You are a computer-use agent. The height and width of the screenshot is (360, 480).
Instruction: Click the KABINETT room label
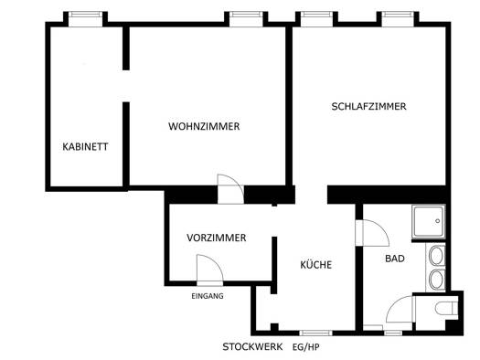(85, 147)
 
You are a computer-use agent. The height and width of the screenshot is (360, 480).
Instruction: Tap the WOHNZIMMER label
(204, 126)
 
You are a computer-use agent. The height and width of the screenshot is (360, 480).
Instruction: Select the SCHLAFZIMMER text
(368, 106)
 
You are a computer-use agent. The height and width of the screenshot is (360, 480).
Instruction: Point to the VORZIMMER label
(217, 238)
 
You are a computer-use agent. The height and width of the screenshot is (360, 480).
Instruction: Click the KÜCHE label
(316, 265)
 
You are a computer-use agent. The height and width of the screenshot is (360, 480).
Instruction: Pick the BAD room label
(395, 259)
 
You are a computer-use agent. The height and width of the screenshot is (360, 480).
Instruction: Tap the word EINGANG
(208, 296)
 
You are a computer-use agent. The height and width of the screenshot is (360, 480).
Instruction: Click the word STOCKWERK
(252, 347)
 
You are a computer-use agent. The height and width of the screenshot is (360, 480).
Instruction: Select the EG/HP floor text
(305, 347)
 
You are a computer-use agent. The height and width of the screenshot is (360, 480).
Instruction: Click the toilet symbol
(446, 308)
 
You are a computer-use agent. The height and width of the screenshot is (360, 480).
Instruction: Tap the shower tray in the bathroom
(429, 222)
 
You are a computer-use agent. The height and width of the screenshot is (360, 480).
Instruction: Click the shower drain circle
(438, 221)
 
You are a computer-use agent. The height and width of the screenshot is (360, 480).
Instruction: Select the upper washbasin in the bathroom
(436, 256)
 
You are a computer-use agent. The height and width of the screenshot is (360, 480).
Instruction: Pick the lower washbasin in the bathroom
(436, 280)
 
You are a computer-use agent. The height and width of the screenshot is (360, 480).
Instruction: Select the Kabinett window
(85, 19)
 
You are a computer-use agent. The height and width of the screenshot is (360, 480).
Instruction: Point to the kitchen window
(315, 333)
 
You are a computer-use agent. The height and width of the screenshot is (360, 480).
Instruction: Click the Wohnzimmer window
(246, 19)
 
